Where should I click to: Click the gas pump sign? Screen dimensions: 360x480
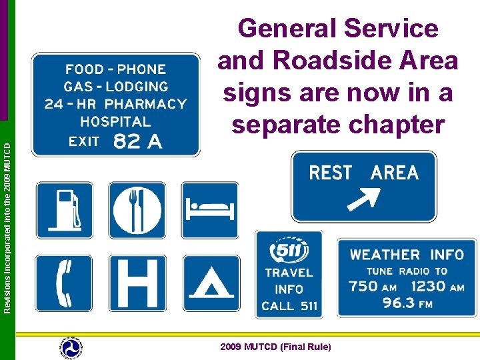pos(65,210)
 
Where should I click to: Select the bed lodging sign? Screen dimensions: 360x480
pos(210,210)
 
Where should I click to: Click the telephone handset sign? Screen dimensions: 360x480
pos(65,283)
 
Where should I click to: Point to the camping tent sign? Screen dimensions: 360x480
pos(210,283)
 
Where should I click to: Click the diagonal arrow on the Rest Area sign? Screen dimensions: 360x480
pos(363,199)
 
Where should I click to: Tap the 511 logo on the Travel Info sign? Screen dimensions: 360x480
pos(288,252)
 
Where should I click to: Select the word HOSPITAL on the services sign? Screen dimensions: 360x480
pos(115,121)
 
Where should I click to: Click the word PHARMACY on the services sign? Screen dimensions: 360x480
pos(145,104)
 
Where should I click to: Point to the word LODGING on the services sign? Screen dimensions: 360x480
pos(137,87)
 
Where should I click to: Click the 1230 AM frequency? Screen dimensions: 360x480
pos(438,287)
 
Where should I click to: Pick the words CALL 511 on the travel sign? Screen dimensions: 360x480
pos(289,306)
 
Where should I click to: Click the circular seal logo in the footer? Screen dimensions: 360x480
pos(71,347)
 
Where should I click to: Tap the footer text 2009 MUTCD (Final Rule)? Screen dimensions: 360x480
pos(275,347)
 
